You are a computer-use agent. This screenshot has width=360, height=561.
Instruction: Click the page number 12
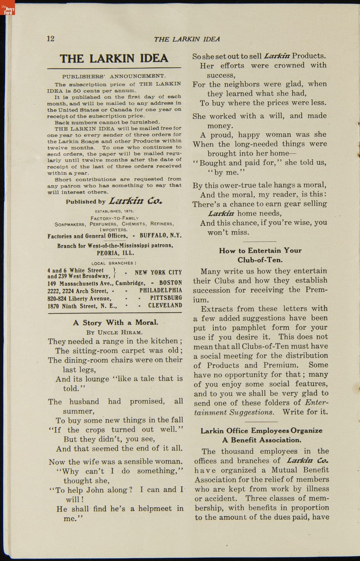(51, 39)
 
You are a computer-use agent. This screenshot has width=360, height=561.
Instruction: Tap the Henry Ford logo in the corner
(7, 10)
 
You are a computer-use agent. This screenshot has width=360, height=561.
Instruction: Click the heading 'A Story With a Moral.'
(115, 323)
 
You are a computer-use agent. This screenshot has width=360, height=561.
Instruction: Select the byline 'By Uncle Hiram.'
(114, 332)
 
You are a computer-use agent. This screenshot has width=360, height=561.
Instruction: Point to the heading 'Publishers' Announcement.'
(114, 76)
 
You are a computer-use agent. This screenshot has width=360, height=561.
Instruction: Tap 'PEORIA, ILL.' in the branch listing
(115, 253)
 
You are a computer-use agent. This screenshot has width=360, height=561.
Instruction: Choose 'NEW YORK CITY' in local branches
(158, 273)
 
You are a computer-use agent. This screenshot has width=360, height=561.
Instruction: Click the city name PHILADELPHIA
(160, 290)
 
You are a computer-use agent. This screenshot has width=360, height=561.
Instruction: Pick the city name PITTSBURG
(166, 298)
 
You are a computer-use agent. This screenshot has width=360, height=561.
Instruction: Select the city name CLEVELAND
(165, 306)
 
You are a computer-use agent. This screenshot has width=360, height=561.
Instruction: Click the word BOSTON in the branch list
(170, 282)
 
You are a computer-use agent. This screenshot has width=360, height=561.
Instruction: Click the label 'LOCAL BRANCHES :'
(114, 263)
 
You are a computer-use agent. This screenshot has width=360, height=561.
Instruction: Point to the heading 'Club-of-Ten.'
(260, 260)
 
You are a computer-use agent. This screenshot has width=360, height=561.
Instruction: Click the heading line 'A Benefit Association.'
(261, 440)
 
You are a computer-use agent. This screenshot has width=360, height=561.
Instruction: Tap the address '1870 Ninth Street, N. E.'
(82, 306)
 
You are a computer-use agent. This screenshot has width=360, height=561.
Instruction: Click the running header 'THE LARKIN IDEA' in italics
(187, 39)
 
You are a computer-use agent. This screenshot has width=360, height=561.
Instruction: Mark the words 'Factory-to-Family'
(115, 218)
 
